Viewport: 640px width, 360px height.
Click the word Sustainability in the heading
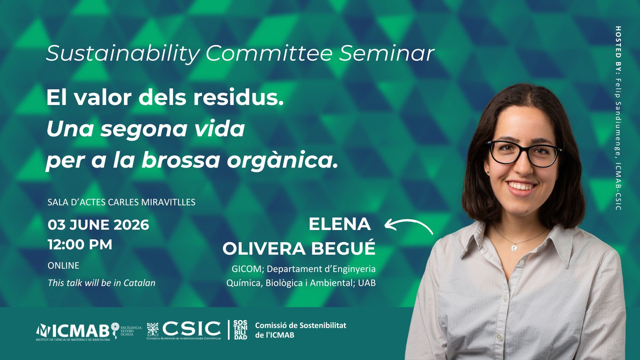[123, 53]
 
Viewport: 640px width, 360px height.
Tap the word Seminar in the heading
[387, 53]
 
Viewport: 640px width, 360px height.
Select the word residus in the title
[238, 98]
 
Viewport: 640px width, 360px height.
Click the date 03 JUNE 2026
[98, 225]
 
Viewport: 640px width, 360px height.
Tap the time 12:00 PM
[80, 245]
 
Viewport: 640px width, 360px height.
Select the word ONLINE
[63, 266]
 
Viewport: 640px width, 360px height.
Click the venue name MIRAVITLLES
[168, 202]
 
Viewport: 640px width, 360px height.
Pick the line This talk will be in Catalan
[101, 283]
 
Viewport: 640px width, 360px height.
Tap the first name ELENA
[340, 224]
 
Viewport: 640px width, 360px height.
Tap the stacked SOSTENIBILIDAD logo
[240, 330]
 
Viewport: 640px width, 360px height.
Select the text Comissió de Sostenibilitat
[301, 325]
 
